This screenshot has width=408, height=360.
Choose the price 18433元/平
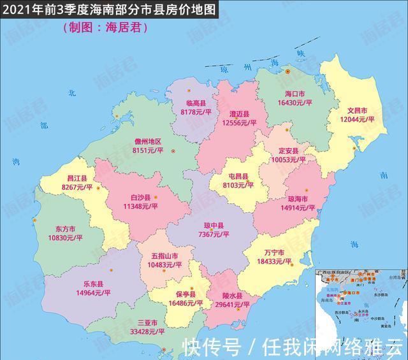[x=272, y=261]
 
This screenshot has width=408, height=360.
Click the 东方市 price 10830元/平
[x=65, y=238]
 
